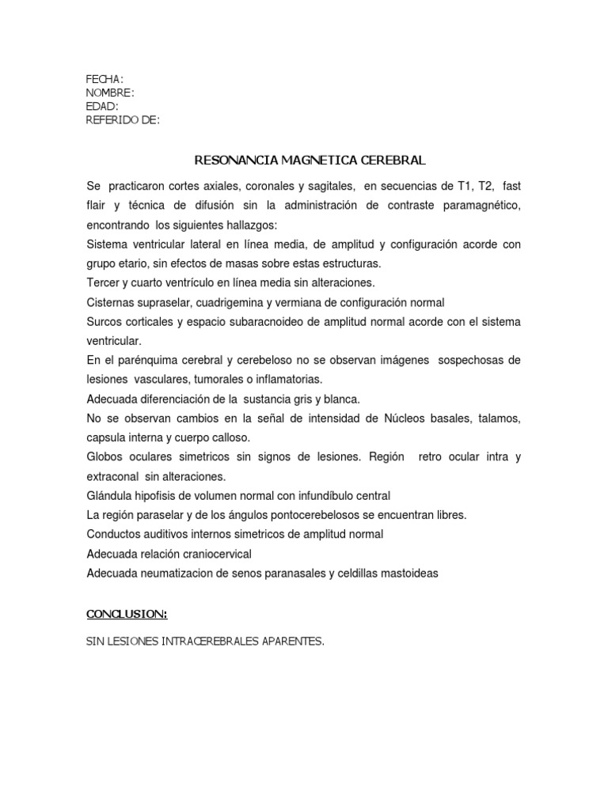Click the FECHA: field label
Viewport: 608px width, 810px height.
[x=104, y=79]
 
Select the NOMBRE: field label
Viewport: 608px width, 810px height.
[x=109, y=93]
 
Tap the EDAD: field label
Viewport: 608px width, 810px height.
[x=102, y=106]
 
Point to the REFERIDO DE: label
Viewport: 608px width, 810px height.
[x=123, y=119]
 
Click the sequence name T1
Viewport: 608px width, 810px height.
[x=467, y=187]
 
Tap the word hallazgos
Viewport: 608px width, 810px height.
[x=246, y=225]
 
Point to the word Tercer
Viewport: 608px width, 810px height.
[x=103, y=282]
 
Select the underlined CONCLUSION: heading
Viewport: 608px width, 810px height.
[x=127, y=614]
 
